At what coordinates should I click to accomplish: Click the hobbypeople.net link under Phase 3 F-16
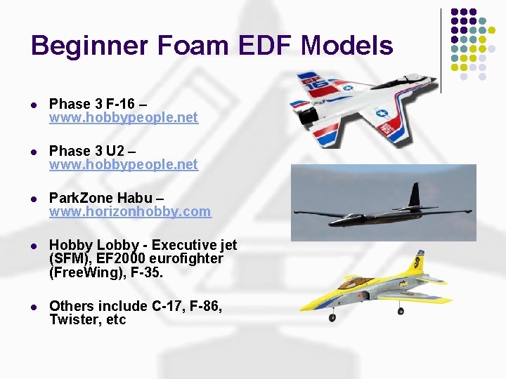coord(123,118)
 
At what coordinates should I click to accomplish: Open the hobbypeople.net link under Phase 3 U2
coord(123,165)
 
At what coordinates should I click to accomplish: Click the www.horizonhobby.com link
coord(129,211)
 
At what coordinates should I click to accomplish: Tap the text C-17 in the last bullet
coord(169,307)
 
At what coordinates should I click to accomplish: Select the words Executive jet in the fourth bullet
coord(194,246)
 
